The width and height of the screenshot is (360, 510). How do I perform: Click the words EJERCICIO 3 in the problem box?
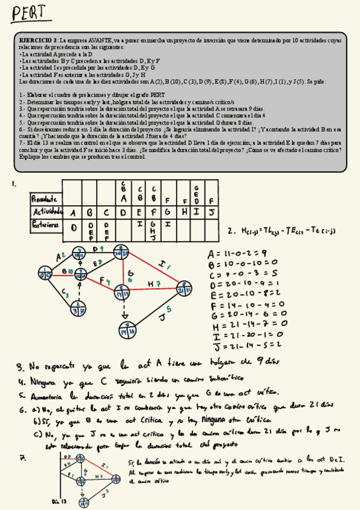coord(37,39)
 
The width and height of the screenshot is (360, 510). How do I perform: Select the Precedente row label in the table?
coord(45,198)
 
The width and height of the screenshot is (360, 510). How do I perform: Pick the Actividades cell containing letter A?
coord(73,212)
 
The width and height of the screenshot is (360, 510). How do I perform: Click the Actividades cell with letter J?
coord(212,212)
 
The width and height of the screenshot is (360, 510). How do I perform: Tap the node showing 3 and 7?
coord(77,309)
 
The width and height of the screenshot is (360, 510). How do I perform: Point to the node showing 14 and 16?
coord(126,330)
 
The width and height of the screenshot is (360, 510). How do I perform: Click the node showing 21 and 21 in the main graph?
coord(183,288)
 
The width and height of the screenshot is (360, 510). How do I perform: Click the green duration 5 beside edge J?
coord(169,309)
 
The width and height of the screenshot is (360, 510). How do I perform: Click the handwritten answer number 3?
coord(20,366)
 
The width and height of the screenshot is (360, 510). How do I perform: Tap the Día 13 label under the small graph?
coord(59,500)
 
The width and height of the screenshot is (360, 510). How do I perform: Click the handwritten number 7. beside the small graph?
coord(22,458)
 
